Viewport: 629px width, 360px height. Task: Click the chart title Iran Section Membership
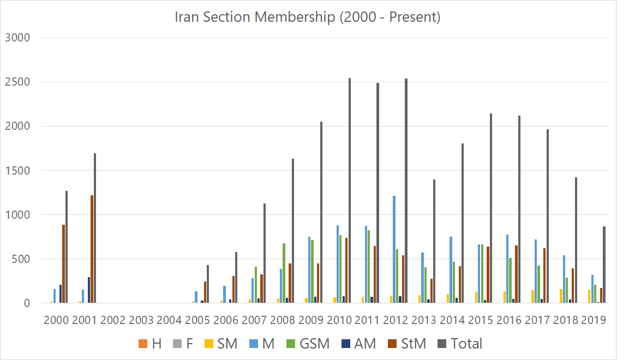pos(307,17)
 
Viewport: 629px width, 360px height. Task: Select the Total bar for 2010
pos(350,191)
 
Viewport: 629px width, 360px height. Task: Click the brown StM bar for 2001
pos(92,249)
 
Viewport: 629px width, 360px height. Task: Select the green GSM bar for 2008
pos(284,273)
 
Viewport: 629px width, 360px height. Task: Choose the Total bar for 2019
pos(604,265)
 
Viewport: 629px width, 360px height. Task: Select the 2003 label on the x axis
pos(141,320)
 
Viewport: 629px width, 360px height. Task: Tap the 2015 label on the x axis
pos(480,320)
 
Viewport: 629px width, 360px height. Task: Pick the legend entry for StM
pos(409,344)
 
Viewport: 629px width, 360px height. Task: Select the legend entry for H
pos(150,344)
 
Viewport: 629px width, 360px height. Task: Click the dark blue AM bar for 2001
pos(88,290)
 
